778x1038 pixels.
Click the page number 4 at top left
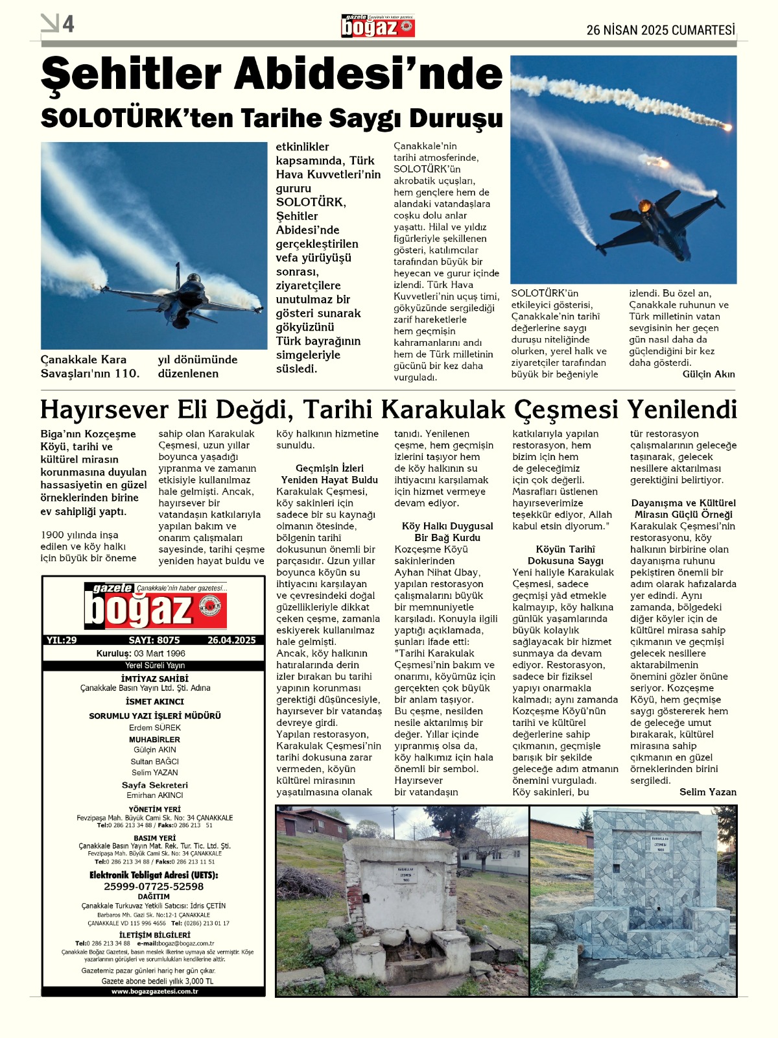coord(68,24)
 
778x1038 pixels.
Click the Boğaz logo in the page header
coord(378,27)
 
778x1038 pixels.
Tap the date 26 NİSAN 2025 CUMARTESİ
coord(661,30)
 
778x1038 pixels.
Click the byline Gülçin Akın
coord(708,374)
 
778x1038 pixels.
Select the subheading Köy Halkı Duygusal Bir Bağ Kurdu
coord(447,532)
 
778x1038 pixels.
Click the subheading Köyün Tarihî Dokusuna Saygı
coord(565,555)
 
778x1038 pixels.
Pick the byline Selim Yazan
coord(708,792)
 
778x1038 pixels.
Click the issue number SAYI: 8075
coord(154,640)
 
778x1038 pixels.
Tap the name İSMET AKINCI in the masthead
coord(154,701)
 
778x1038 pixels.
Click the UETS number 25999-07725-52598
coord(154,886)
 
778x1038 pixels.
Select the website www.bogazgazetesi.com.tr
coord(154,991)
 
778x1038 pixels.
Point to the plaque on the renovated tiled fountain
coord(660,845)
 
